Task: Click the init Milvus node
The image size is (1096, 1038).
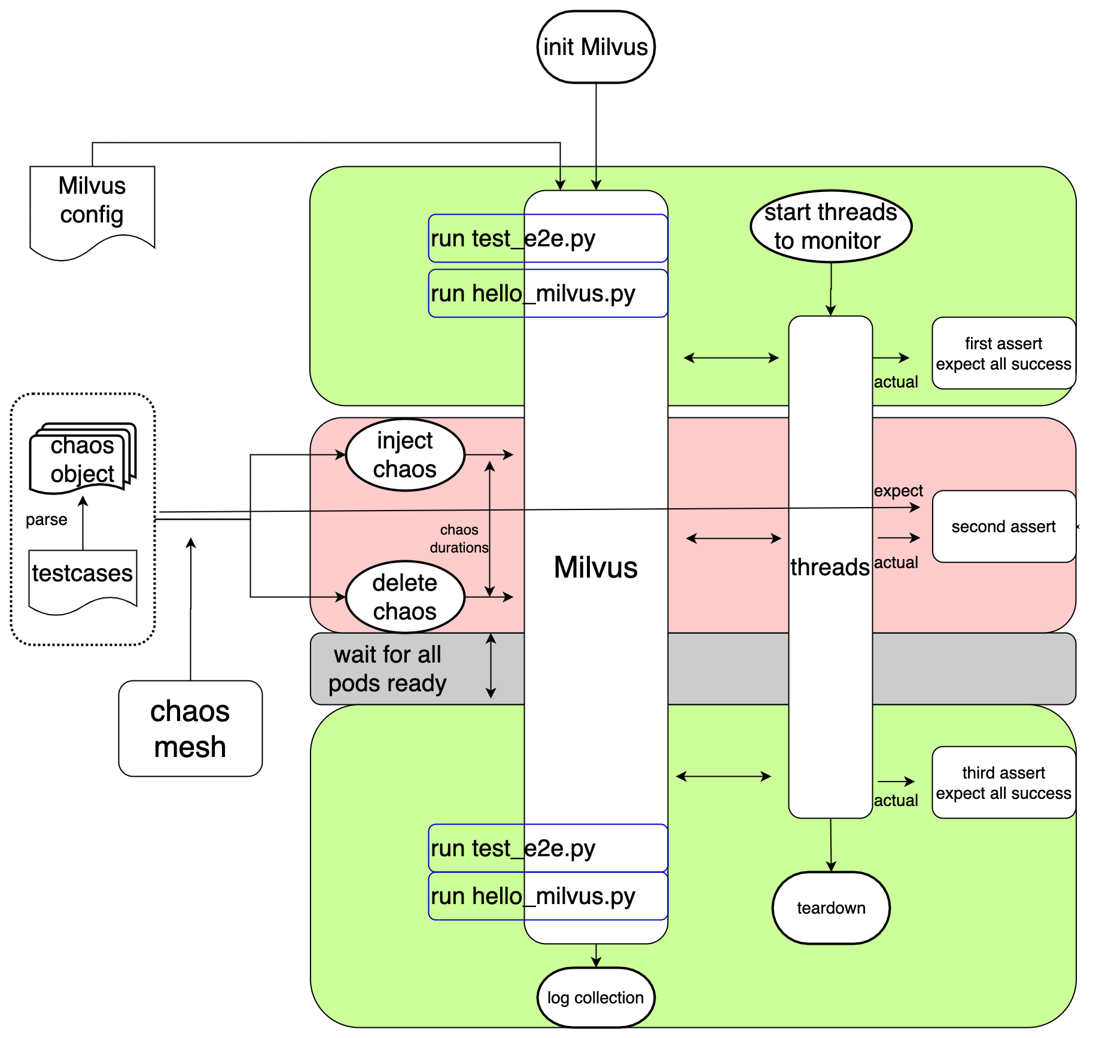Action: pos(596,47)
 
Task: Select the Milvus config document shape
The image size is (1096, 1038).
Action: pos(92,206)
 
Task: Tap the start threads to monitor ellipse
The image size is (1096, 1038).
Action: pos(830,227)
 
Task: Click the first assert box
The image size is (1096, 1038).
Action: pos(1003,353)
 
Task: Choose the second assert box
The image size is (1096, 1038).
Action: pos(1003,527)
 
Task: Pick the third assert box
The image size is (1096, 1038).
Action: pos(1003,783)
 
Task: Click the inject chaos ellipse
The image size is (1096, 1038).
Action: pos(405,455)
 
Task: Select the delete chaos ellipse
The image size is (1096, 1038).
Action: pos(405,597)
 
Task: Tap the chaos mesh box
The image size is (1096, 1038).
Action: pos(190,729)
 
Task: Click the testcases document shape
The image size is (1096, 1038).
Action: pos(83,577)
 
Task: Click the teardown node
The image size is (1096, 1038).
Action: pos(831,908)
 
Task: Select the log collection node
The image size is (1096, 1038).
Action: pos(596,997)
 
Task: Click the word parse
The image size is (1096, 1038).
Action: pos(47,520)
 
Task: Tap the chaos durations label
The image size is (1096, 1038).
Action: pos(459,539)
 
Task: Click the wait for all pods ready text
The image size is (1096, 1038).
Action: pos(388,669)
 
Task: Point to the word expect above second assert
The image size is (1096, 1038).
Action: pos(898,491)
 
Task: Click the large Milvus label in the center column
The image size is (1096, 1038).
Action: pos(596,567)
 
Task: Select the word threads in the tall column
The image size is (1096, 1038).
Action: pos(830,567)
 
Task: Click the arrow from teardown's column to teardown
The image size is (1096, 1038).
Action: pos(831,844)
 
